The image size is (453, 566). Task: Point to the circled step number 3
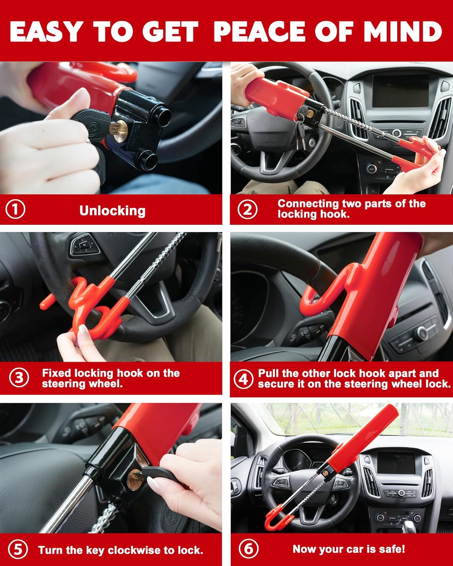click(x=18, y=378)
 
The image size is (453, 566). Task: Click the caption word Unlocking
click(x=112, y=211)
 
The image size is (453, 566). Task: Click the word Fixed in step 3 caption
click(x=56, y=373)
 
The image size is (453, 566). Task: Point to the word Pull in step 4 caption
click(x=268, y=373)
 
